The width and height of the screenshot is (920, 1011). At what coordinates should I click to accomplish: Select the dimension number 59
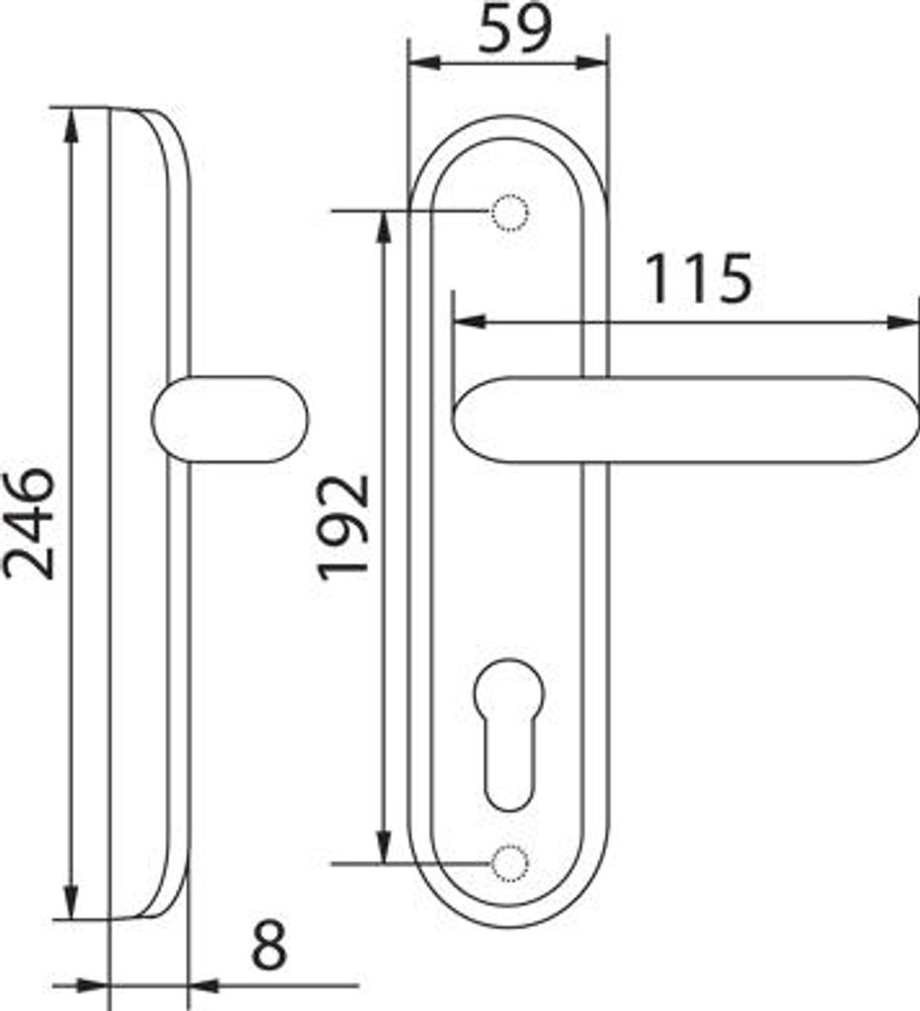click(x=515, y=30)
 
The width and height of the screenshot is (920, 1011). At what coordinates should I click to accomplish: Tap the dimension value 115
click(x=700, y=279)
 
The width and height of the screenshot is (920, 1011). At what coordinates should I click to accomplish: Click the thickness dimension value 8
click(x=268, y=945)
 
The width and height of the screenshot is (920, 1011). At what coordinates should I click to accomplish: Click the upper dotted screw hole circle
click(x=510, y=211)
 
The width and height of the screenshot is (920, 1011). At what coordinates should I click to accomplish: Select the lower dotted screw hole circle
click(x=510, y=863)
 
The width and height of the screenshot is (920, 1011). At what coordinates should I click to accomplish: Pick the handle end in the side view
click(x=230, y=419)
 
